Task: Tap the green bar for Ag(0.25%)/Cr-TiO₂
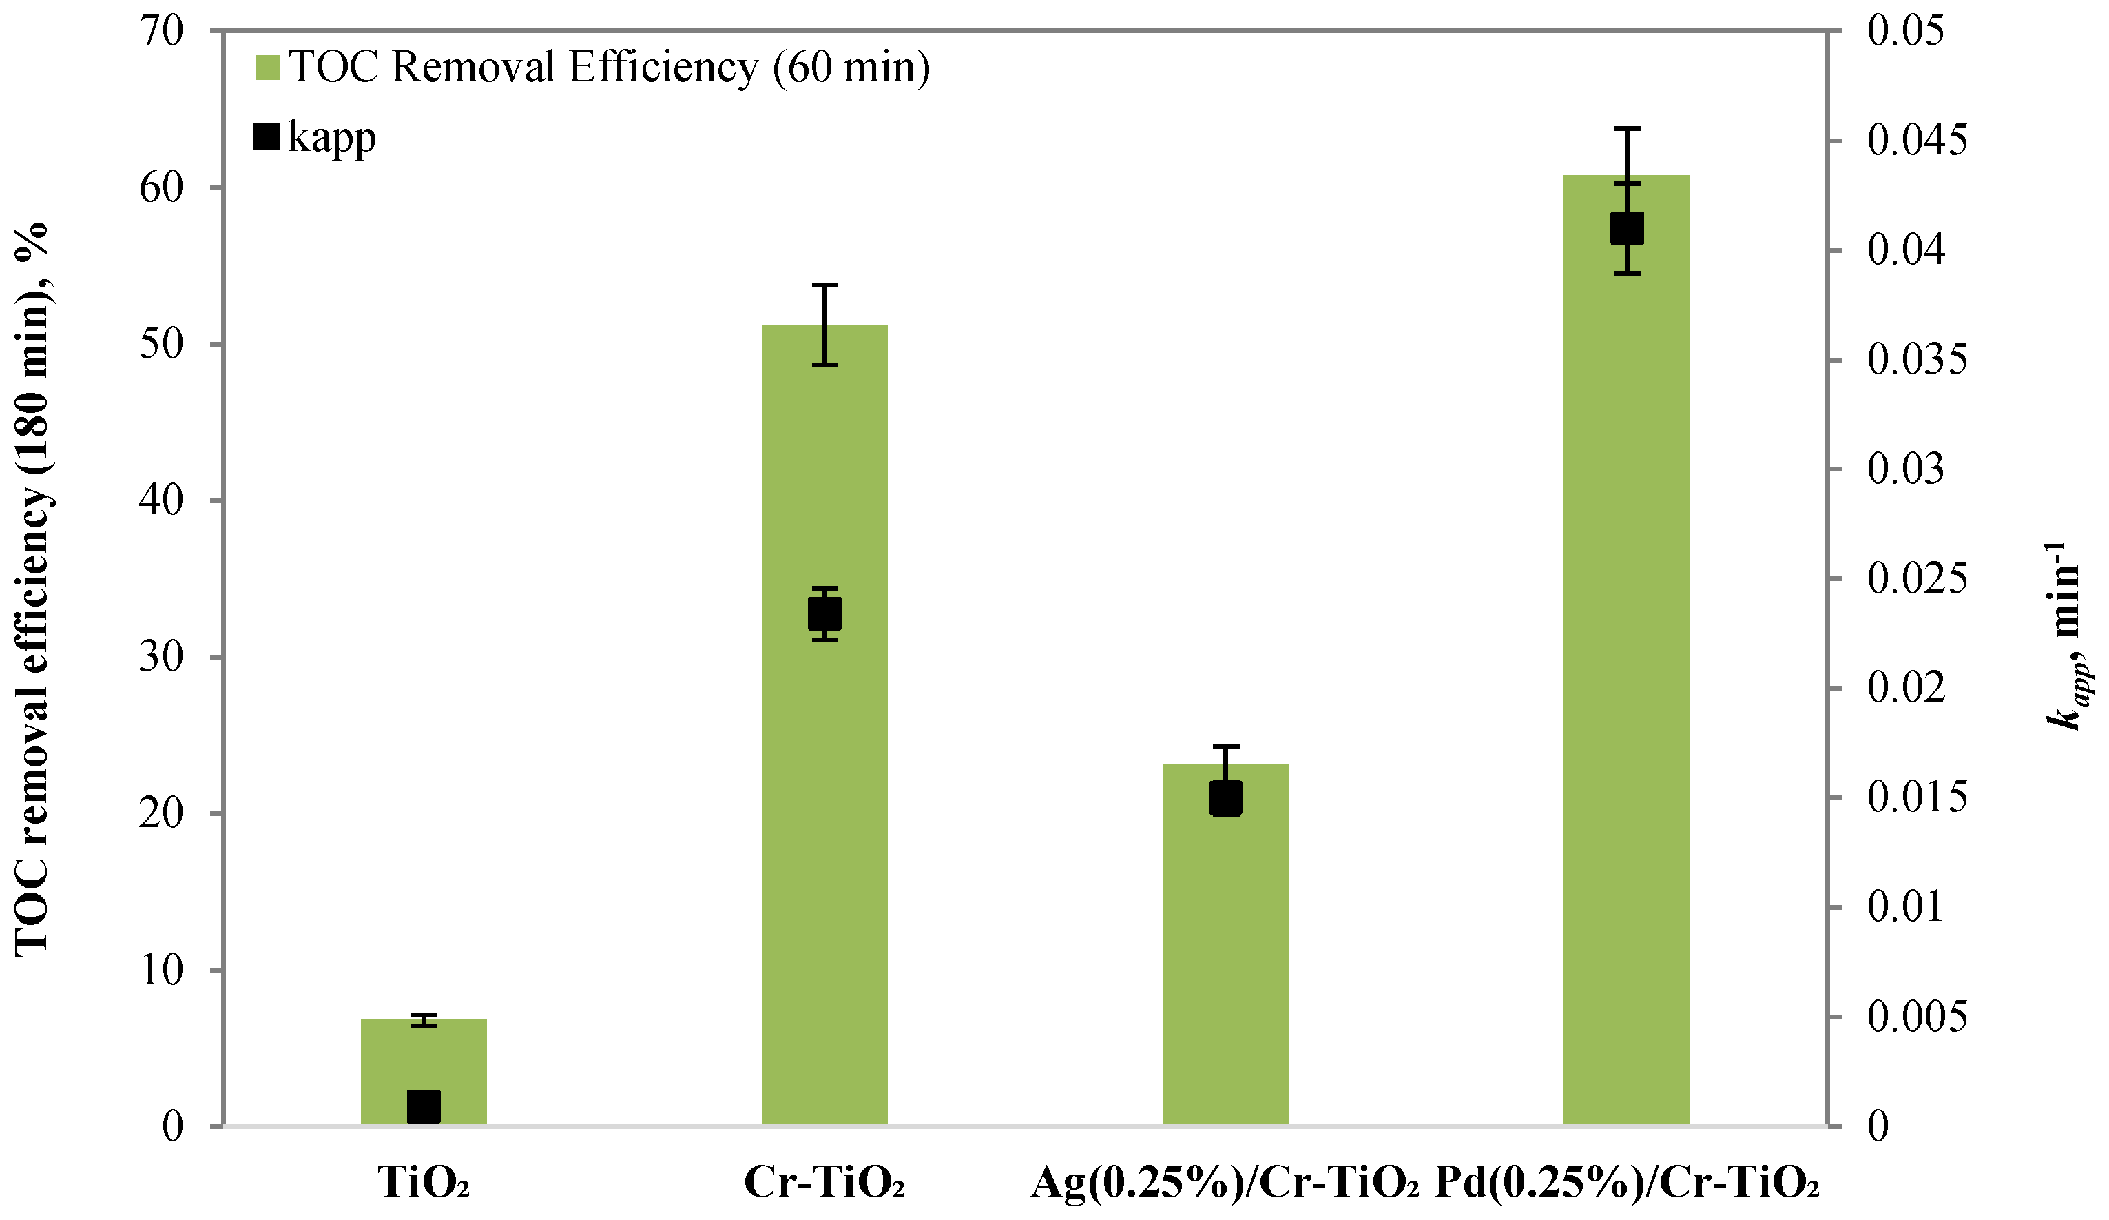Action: [1225, 963]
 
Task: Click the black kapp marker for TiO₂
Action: [424, 1106]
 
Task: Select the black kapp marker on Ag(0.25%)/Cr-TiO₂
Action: [1225, 798]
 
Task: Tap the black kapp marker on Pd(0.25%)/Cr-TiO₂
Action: [1627, 229]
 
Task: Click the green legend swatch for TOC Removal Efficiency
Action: [266, 68]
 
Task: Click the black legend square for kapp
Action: [266, 136]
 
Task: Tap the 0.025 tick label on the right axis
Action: [1917, 578]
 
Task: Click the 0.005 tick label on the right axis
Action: [1917, 1017]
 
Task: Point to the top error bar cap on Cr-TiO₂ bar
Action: [824, 285]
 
